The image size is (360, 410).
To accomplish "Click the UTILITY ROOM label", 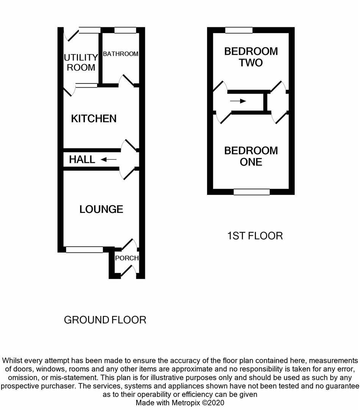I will pyautogui.click(x=80, y=63).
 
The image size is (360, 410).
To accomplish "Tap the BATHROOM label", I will pyautogui.click(x=120, y=54).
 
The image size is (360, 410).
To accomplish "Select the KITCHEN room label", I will pyautogui.click(x=94, y=119).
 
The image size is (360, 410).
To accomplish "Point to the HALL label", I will pyautogui.click(x=82, y=159).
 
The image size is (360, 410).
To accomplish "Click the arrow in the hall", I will pyautogui.click(x=109, y=159).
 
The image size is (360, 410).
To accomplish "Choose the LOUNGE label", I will pyautogui.click(x=101, y=209).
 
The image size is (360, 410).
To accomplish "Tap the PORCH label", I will pyautogui.click(x=127, y=258).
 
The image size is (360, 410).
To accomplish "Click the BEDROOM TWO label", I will pyautogui.click(x=251, y=57).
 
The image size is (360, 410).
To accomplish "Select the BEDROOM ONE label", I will pyautogui.click(x=251, y=156).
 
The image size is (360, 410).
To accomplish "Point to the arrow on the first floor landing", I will pyautogui.click(x=238, y=101).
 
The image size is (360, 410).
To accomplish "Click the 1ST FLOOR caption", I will pyautogui.click(x=255, y=236).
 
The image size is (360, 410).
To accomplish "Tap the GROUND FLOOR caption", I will pyautogui.click(x=105, y=320).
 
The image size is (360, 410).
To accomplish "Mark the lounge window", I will pyautogui.click(x=84, y=249).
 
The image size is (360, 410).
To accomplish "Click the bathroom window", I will pyautogui.click(x=125, y=30).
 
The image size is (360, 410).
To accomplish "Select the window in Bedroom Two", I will pyautogui.click(x=239, y=30).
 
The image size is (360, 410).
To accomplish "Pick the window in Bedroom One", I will pyautogui.click(x=251, y=192).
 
